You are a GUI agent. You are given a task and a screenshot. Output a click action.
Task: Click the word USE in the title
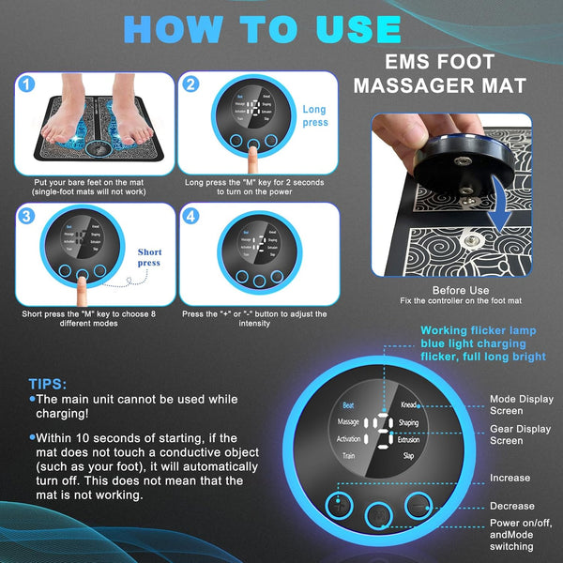(344, 27)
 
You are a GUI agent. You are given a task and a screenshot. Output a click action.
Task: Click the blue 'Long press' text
(314, 115)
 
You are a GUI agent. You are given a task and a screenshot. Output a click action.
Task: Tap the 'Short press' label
(149, 258)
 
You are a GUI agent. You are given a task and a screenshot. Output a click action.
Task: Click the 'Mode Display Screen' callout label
(521, 405)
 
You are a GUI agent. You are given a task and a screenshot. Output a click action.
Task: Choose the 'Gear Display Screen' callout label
(521, 434)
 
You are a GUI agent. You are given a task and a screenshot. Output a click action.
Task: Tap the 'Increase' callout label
(510, 479)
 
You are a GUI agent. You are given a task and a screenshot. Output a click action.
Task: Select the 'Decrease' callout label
(511, 507)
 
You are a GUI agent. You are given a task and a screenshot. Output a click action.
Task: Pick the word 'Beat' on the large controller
(347, 404)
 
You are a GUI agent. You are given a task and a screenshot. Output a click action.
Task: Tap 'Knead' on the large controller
(409, 404)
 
